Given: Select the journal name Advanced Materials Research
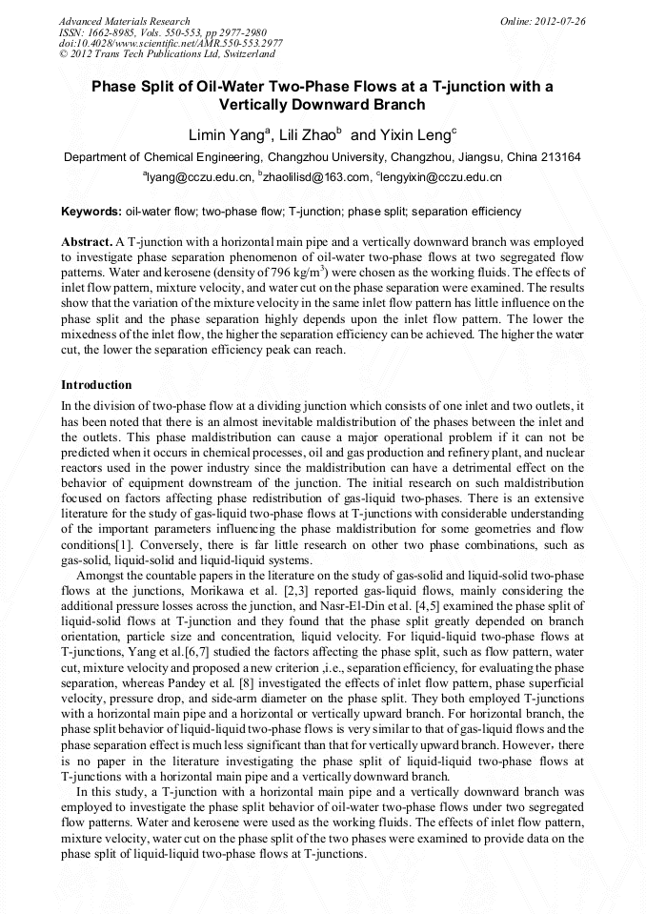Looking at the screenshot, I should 124,21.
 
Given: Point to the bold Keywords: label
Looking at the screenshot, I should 91,212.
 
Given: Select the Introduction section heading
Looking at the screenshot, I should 96,385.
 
